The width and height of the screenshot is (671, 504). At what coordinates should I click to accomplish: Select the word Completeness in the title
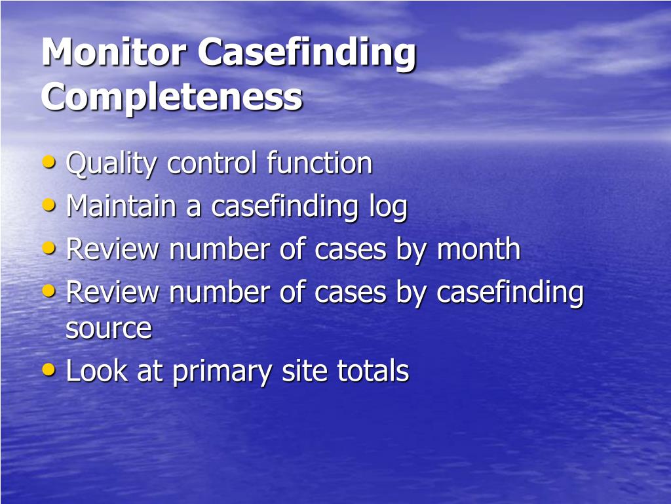click(x=172, y=96)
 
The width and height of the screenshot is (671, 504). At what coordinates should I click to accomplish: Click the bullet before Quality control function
click(x=49, y=162)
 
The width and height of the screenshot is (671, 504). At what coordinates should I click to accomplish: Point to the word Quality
click(x=111, y=164)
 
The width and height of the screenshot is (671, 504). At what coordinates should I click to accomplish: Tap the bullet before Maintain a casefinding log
click(x=49, y=205)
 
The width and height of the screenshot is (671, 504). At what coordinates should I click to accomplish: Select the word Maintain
click(x=122, y=206)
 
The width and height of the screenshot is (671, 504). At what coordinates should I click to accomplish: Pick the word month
click(x=478, y=249)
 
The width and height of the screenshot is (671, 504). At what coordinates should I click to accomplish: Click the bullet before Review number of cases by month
click(x=49, y=248)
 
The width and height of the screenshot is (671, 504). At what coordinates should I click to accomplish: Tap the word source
click(x=108, y=329)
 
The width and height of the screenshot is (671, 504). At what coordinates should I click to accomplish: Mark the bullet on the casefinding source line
click(x=49, y=291)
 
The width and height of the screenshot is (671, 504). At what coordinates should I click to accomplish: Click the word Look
click(x=96, y=371)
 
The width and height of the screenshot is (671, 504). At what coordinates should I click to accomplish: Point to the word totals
click(x=373, y=371)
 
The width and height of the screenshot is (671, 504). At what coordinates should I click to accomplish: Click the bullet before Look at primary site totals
click(x=49, y=369)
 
